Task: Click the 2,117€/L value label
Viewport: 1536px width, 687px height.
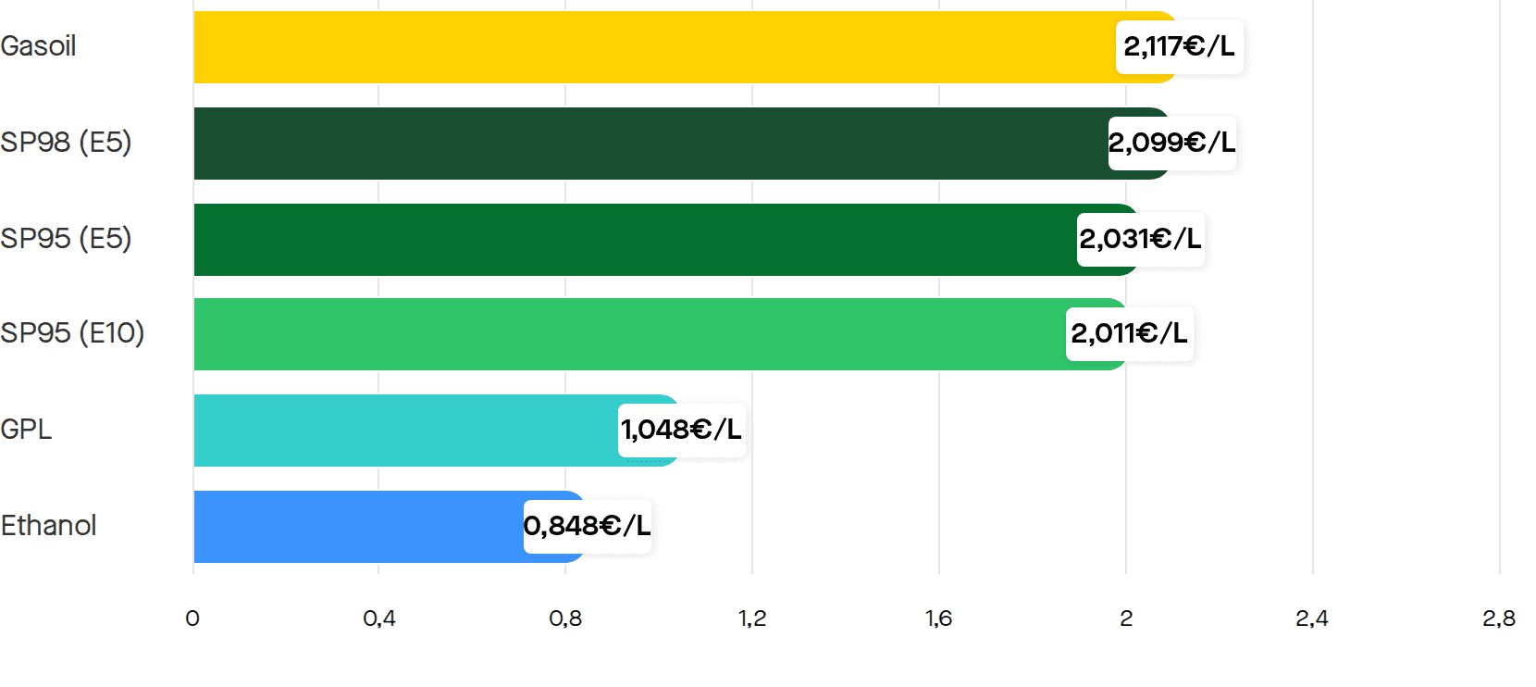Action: [1179, 46]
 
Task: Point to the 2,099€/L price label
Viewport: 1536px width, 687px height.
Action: [1171, 143]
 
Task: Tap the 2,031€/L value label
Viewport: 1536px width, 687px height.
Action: [1140, 239]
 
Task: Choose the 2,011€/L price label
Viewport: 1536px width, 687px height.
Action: [1130, 333]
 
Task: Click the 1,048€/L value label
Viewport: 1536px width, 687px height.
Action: [681, 430]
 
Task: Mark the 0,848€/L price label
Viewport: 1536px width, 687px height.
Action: [587, 526]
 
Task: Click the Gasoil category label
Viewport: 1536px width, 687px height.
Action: [38, 46]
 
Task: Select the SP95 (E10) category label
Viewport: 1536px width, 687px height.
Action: [72, 333]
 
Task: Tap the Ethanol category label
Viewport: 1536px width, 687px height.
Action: [48, 526]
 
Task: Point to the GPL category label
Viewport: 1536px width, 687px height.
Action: [26, 430]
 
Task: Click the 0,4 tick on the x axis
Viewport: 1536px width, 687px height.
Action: [379, 619]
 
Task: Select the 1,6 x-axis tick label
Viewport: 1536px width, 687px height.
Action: [939, 619]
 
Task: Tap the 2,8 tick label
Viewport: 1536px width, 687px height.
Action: [1499, 619]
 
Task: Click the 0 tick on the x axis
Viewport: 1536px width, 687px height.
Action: [192, 619]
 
